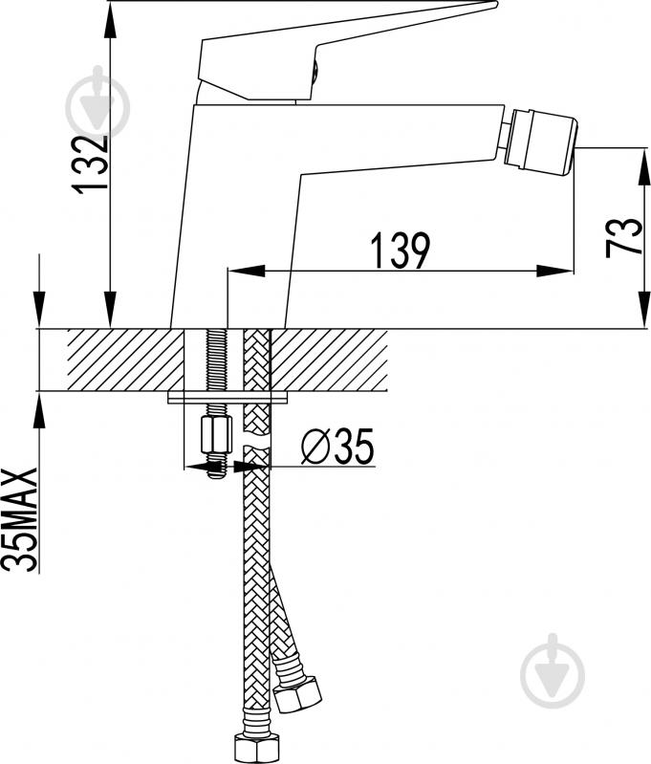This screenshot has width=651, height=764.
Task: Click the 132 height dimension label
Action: pos(89,164)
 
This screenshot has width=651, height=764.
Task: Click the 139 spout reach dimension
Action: pos(401,251)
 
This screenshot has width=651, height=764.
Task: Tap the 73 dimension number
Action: pos(623,238)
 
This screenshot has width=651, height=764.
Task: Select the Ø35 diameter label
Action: pos(337,446)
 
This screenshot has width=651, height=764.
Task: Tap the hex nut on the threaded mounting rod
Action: pos(216,435)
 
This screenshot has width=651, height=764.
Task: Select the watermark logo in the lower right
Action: pos(553,671)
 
